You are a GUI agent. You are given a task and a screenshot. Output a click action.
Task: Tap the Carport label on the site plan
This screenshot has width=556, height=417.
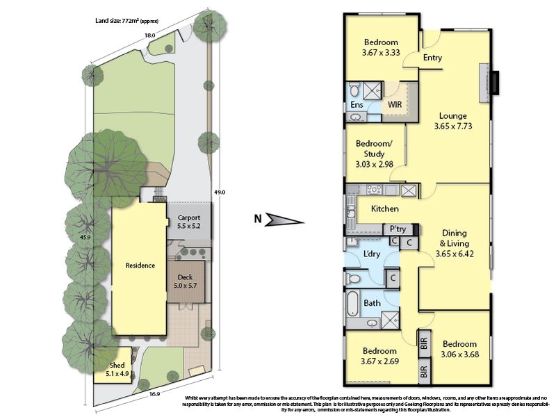pyautogui.click(x=189, y=218)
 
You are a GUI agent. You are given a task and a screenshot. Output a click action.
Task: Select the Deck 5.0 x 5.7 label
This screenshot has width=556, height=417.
pyautogui.click(x=185, y=281)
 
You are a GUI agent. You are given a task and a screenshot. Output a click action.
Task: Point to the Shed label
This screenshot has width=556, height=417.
pyautogui.click(x=117, y=366)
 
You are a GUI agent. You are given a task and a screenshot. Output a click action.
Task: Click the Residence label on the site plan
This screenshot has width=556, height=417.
pyautogui.click(x=140, y=265)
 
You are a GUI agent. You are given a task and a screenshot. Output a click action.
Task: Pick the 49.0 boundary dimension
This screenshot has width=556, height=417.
pyautogui.click(x=220, y=193)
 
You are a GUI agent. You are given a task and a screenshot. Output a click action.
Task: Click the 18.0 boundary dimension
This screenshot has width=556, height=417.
pyautogui.click(x=149, y=35)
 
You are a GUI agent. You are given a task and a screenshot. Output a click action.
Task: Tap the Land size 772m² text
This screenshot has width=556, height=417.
pyautogui.click(x=126, y=21)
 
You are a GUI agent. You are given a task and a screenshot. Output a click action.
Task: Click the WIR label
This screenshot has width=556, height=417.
pyautogui.click(x=395, y=105)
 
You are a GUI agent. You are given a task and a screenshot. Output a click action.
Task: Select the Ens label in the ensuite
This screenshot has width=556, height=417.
pyautogui.click(x=357, y=105)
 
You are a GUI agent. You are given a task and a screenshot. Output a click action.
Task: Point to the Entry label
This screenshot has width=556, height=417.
pyautogui.click(x=432, y=58)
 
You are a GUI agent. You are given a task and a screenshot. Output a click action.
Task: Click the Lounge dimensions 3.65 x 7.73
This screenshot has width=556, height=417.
pyautogui.click(x=453, y=126)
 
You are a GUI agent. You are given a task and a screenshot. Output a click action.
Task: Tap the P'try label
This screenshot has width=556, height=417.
pyautogui.click(x=398, y=229)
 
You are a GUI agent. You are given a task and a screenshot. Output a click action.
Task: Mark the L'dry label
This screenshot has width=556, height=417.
pyautogui.click(x=372, y=254)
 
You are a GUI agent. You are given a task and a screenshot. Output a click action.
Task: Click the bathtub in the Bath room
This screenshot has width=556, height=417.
pyautogui.click(x=353, y=303)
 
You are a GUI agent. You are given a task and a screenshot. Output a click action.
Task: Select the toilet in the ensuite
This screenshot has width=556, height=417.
pyautogui.click(x=354, y=90)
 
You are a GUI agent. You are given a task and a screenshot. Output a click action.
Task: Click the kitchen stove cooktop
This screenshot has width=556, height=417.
pyautogui.click(x=374, y=190)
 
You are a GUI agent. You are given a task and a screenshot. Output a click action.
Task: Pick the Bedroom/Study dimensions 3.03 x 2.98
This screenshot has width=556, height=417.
pyautogui.click(x=374, y=164)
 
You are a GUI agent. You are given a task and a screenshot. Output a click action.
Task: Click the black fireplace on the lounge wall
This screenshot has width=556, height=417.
pyautogui.click(x=495, y=83)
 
